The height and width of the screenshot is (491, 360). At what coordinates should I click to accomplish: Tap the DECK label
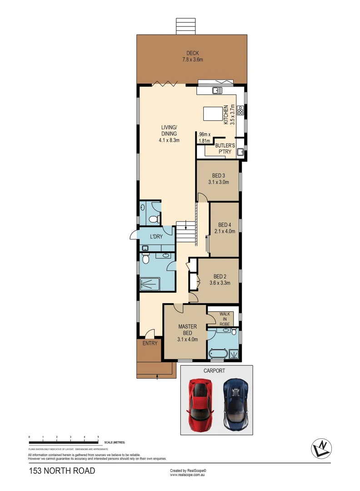[192, 53]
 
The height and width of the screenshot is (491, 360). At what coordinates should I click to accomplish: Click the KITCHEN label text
[225, 115]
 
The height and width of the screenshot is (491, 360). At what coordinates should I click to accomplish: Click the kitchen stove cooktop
[240, 109]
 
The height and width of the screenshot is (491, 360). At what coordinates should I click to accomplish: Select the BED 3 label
[218, 175]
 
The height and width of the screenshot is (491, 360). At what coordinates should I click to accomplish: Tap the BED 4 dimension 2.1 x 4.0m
[225, 231]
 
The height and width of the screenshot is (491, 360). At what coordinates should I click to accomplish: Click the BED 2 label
[220, 276]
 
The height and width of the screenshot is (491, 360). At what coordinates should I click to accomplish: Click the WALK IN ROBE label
[225, 319]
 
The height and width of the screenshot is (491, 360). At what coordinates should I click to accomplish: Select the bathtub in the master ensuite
[216, 353]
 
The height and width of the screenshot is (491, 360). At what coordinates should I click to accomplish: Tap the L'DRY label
[157, 236]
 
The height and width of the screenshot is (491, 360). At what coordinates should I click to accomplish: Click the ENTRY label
[150, 343]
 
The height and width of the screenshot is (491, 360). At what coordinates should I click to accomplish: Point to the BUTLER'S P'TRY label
[225, 149]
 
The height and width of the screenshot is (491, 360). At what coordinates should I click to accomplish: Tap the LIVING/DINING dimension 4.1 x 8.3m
[169, 140]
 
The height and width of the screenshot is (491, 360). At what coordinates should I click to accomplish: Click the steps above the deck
[186, 26]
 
